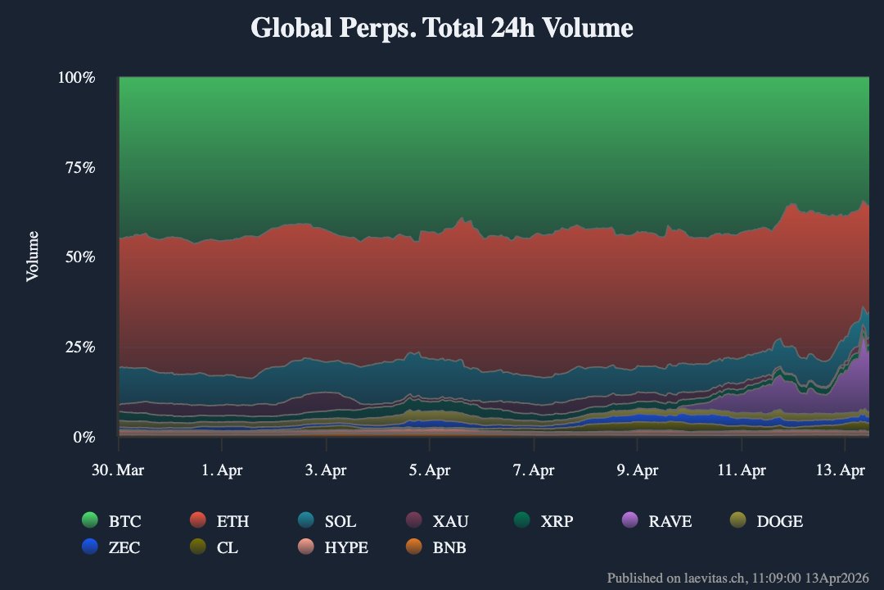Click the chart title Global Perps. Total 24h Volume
coord(442,28)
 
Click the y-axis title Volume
coord(33,256)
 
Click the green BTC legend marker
coord(90,521)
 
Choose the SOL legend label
coord(340,521)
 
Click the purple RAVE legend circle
coord(630,521)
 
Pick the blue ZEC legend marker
coord(90,547)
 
